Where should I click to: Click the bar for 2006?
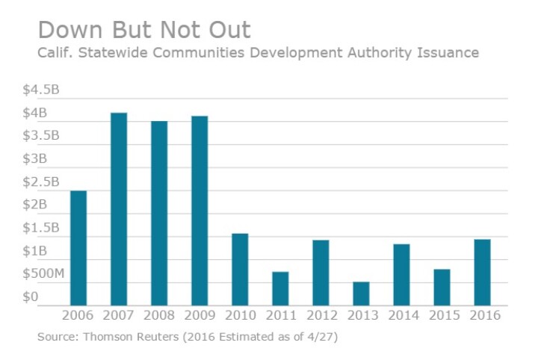point(78,248)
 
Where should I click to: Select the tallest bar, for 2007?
point(119,209)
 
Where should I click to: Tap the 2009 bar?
point(199,211)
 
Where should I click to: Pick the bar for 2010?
point(239,270)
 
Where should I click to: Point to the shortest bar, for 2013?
point(360,294)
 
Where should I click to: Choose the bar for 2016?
point(481,273)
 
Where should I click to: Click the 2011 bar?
point(279,288)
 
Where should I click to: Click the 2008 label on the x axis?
point(158,315)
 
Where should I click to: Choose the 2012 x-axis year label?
point(320,315)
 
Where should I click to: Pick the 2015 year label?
point(441,315)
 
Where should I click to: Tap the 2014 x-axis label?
point(401,315)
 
